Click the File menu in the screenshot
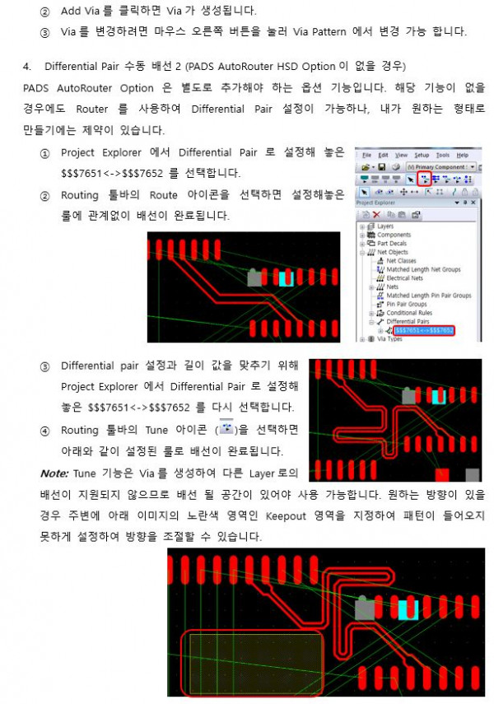[366, 155]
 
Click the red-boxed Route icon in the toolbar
[423, 179]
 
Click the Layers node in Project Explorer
[384, 226]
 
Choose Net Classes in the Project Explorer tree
[401, 260]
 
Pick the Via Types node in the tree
[389, 338]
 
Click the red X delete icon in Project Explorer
[375, 214]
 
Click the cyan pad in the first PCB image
[286, 279]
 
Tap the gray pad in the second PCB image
[409, 397]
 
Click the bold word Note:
[55, 473]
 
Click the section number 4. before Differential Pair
[28, 66]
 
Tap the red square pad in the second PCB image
[442, 474]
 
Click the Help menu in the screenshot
[463, 155]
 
